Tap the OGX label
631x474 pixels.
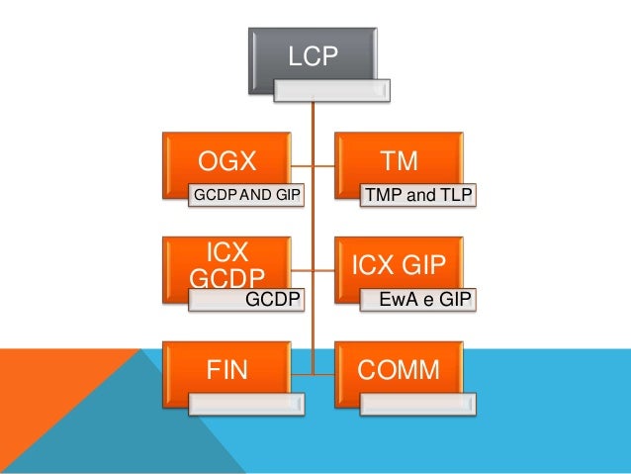click(x=228, y=160)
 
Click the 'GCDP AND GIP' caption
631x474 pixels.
click(x=247, y=195)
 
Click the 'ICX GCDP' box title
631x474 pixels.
click(x=228, y=262)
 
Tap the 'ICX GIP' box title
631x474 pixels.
click(x=399, y=264)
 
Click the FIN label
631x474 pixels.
click(x=227, y=370)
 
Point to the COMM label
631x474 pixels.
click(x=399, y=370)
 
